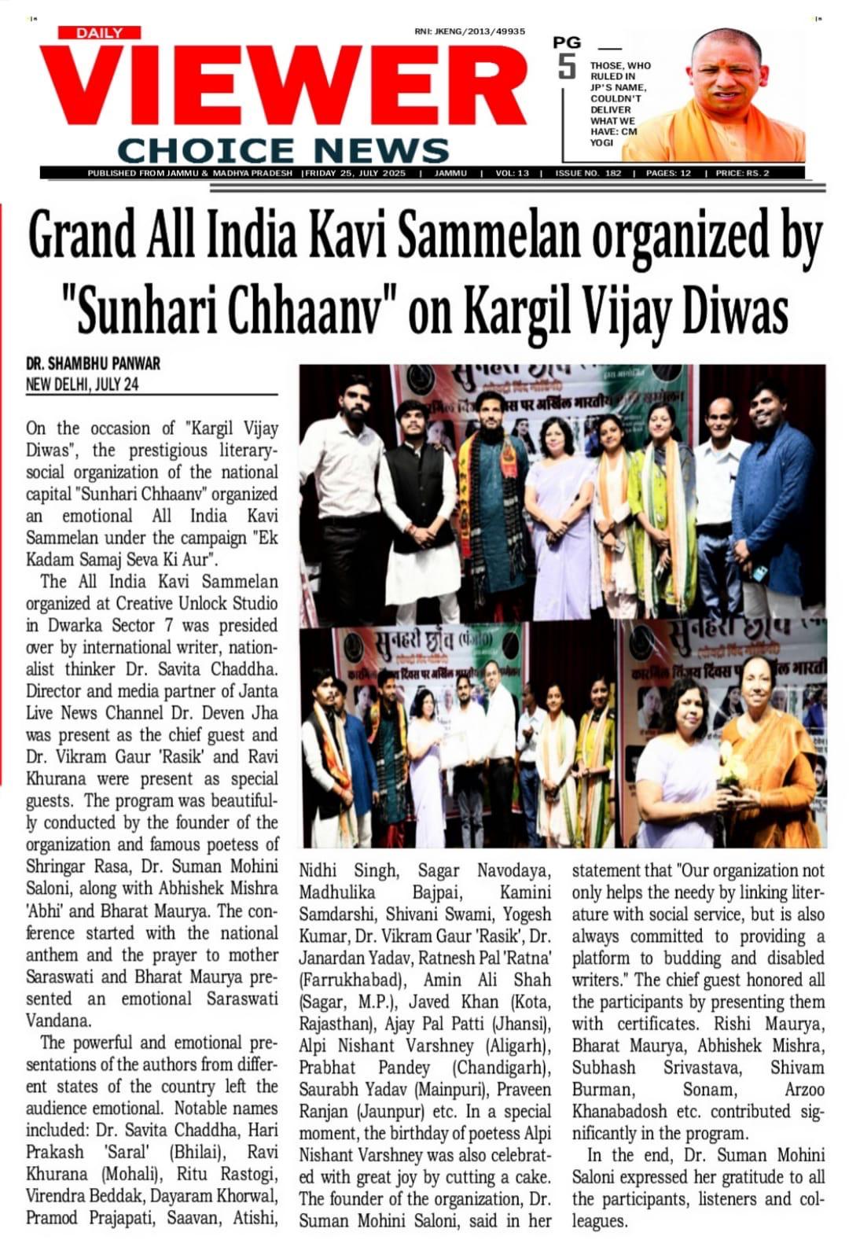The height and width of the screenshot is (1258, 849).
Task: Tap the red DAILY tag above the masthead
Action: coord(99,32)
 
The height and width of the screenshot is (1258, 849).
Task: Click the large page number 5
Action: coord(567,66)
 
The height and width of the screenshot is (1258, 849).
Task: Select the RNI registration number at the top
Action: coord(469,31)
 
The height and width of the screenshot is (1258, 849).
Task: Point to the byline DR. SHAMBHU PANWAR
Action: coord(93,363)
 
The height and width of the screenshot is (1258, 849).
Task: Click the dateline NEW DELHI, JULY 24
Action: coord(83,384)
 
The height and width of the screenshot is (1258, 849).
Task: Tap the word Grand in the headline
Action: coord(81,236)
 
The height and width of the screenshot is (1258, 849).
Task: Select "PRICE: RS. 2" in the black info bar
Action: coord(742,173)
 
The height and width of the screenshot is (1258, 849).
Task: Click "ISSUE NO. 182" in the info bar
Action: coord(588,173)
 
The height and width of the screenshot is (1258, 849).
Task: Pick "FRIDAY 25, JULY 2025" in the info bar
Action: coord(355,173)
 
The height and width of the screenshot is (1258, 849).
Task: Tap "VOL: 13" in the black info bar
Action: coord(512,173)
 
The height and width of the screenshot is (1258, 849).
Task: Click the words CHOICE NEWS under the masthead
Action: coord(283,149)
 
